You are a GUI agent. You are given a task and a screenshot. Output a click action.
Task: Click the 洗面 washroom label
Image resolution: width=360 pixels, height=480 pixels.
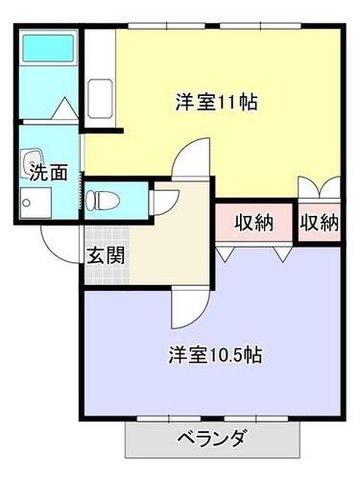point(46,173)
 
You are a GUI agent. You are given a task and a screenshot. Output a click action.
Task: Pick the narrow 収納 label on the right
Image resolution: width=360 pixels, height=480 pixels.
point(320,223)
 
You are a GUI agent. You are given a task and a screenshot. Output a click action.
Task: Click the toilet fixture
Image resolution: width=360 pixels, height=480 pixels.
point(100,200)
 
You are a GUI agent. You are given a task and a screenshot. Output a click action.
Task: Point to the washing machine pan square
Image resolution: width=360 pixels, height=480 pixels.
point(36,202)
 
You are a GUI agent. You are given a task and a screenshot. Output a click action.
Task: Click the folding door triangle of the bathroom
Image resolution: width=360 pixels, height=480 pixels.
point(65,108)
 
